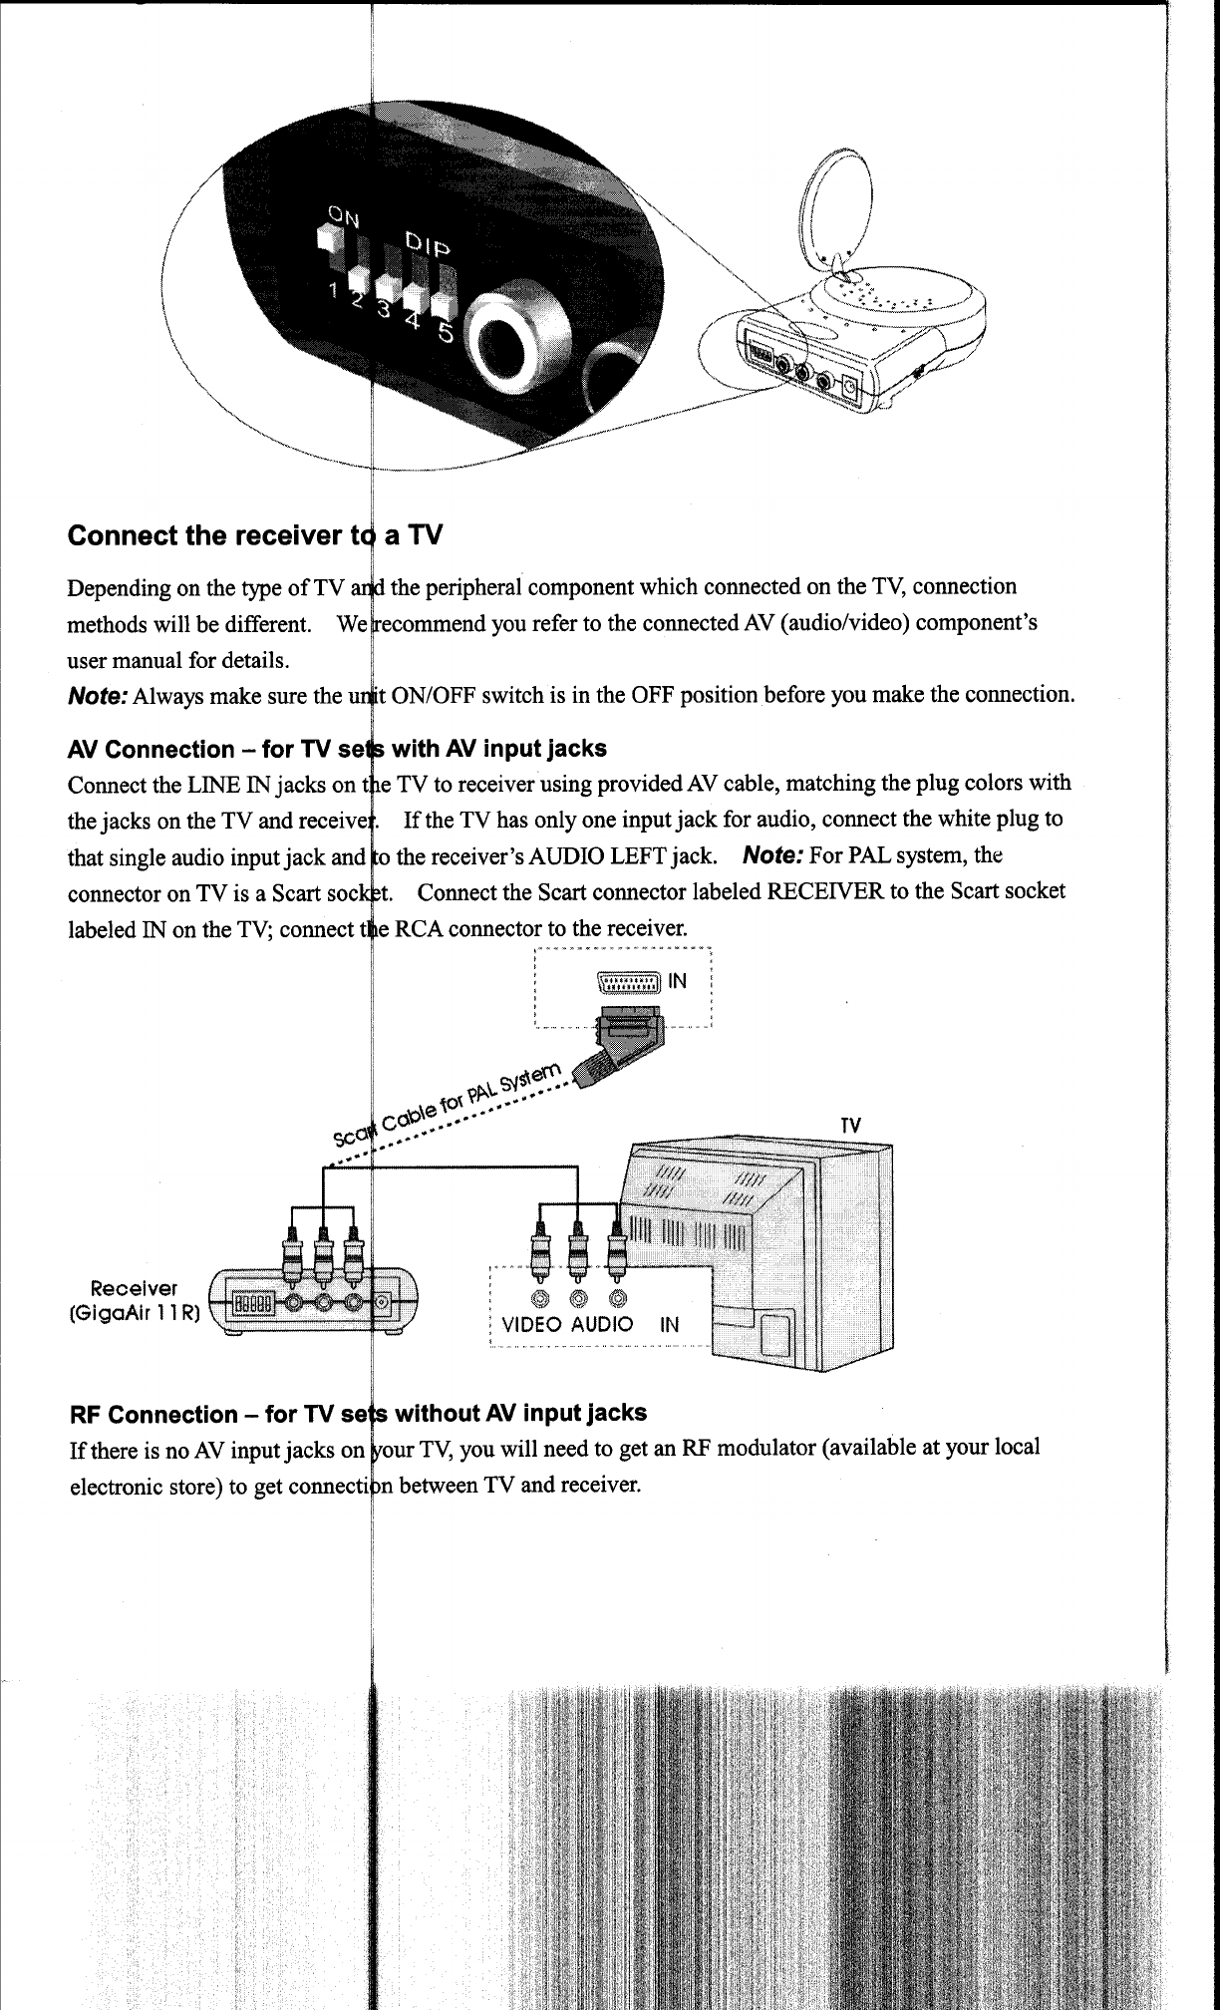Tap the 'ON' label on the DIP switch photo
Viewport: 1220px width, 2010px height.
pyautogui.click(x=345, y=213)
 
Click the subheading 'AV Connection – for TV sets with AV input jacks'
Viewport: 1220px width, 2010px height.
pyautogui.click(x=337, y=749)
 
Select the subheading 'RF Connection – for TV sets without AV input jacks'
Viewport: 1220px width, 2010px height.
pyautogui.click(x=357, y=1413)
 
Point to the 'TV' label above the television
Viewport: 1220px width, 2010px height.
pyautogui.click(x=850, y=1126)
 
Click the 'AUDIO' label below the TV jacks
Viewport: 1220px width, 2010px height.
pyautogui.click(x=602, y=1324)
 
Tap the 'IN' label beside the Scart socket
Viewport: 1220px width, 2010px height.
pyautogui.click(x=678, y=981)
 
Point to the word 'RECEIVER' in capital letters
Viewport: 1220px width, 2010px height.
pyautogui.click(x=825, y=890)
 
